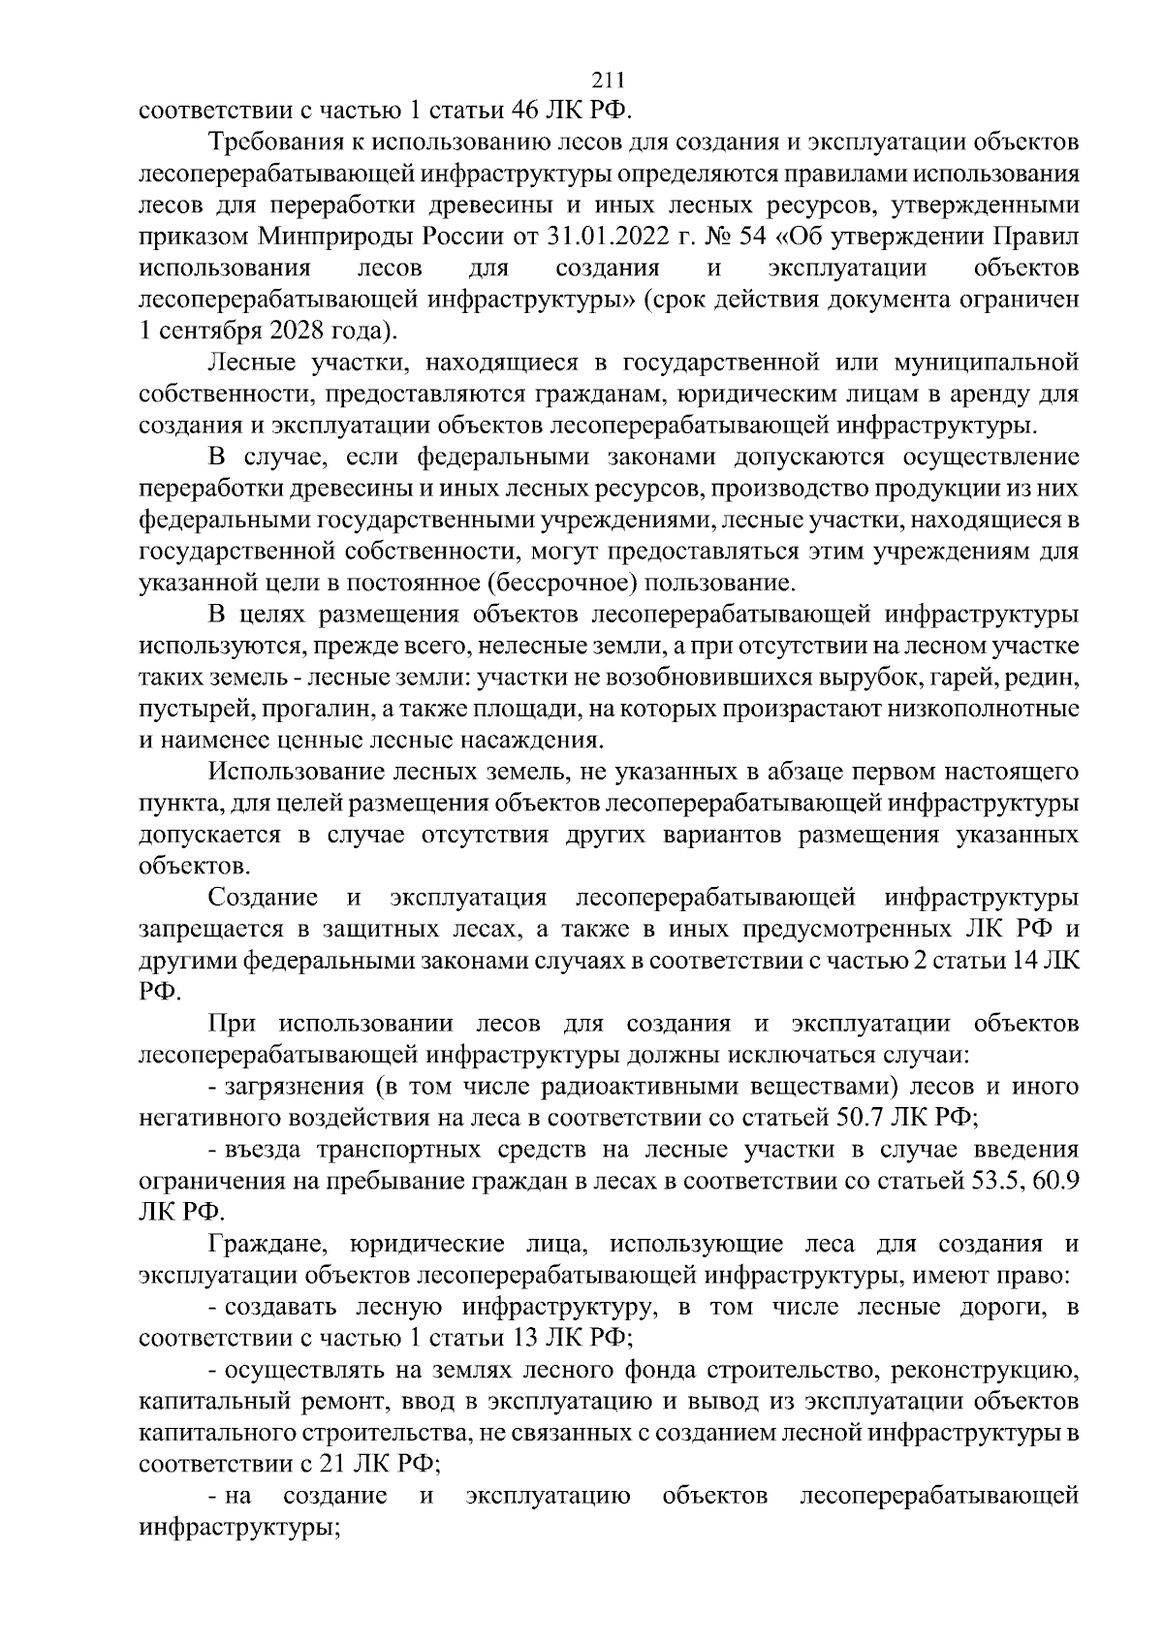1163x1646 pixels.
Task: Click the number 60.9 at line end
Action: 1054,1181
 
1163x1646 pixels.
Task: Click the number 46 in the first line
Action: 523,111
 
